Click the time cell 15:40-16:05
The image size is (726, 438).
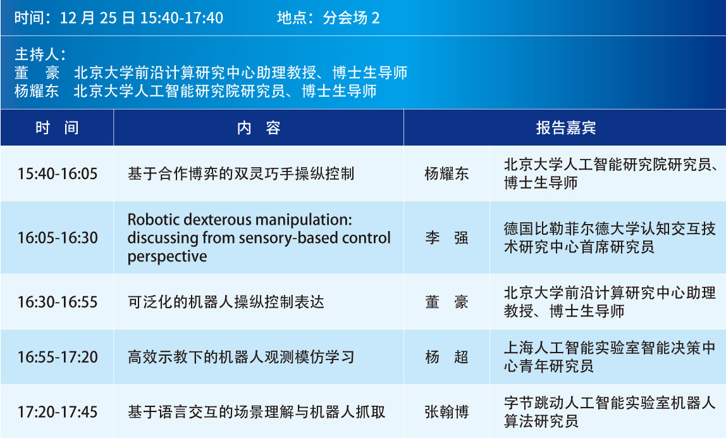point(58,174)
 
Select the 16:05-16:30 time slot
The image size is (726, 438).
point(58,238)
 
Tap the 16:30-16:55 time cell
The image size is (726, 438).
point(58,302)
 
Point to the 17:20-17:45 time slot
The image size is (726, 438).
point(58,412)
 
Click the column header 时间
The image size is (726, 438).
point(57,127)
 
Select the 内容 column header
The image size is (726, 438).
point(259,127)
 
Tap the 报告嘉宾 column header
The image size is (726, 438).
point(566,127)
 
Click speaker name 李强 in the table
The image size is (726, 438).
point(446,238)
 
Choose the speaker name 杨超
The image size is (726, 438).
point(446,357)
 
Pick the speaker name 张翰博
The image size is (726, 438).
point(446,412)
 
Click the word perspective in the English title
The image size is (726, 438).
point(167,257)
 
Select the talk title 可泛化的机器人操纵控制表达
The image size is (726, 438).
point(226,302)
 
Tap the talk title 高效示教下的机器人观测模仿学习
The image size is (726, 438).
point(241,357)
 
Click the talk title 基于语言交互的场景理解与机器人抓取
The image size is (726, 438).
point(256,412)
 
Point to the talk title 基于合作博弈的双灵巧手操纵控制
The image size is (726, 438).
point(241,174)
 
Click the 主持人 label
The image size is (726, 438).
point(40,54)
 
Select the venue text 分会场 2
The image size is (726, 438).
point(351,18)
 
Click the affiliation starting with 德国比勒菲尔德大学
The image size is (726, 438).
point(610,238)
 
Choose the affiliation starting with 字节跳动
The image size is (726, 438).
point(610,412)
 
